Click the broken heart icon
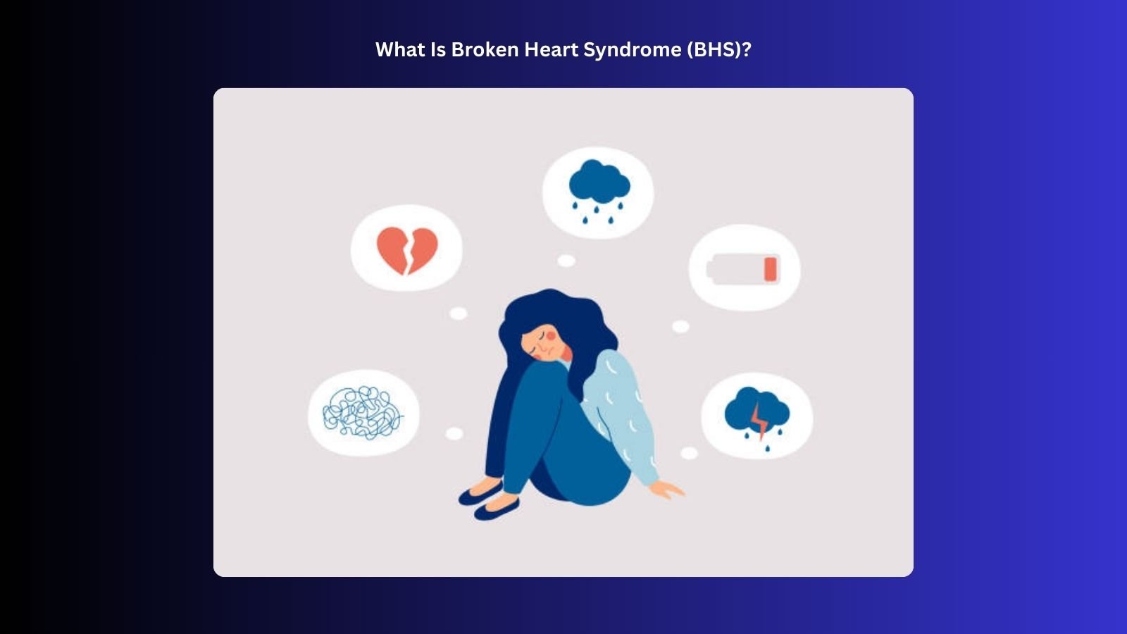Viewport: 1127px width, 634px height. click(407, 249)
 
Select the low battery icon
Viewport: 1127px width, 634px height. click(744, 269)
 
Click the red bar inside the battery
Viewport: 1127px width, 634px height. click(770, 269)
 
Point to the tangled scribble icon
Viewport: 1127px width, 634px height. click(363, 413)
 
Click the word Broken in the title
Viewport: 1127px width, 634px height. click(485, 49)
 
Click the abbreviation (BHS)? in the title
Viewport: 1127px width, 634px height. click(719, 49)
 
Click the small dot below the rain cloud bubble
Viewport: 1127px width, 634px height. click(566, 261)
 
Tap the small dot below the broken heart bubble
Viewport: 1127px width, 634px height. click(459, 313)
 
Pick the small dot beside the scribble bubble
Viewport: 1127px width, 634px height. click(454, 434)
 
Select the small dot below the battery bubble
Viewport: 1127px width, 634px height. click(680, 326)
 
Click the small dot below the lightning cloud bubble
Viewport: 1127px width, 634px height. click(689, 454)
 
